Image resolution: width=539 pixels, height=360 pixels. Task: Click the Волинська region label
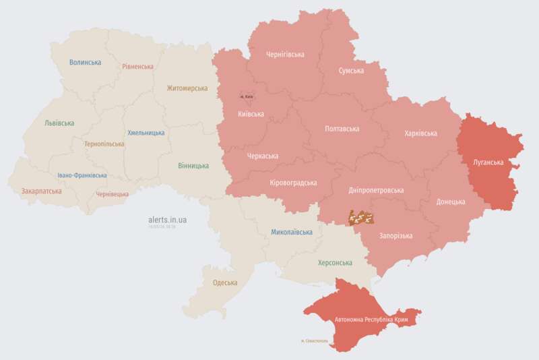pos(85,63)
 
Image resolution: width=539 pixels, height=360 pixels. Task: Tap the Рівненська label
pos(137,67)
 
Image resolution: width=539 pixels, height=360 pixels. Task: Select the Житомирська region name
pos(187,88)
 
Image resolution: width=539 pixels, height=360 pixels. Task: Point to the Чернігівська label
pos(285,55)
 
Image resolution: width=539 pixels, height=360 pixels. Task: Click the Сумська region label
pos(351,71)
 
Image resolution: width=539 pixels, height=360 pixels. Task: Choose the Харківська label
pos(420,133)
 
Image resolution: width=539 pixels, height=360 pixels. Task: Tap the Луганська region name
pos(485,162)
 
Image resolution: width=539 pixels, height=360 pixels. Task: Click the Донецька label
pos(450,202)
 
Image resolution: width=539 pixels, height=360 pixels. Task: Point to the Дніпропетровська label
pos(377,190)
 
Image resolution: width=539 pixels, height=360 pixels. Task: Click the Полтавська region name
pos(342,129)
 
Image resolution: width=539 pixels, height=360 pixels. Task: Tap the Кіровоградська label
pos(293,183)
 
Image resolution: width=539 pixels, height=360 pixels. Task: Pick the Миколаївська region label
pos(292,232)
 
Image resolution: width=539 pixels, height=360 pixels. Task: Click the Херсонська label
pos(335,263)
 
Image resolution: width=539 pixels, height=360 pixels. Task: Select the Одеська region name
pos(224,282)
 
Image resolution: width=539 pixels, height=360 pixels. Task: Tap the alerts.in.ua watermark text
pos(168,220)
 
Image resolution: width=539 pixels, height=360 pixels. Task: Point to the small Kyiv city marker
pos(247,96)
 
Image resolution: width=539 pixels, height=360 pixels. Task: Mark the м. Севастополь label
pos(314,340)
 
